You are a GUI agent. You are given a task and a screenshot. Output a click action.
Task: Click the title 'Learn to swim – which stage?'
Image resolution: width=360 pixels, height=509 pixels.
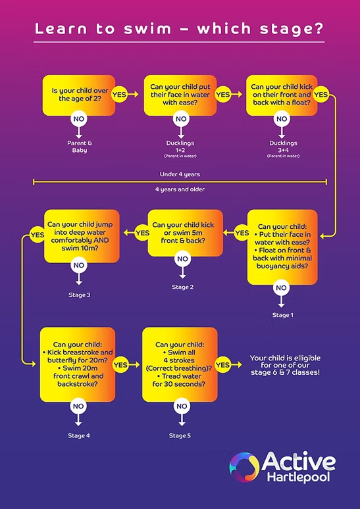tap(179, 29)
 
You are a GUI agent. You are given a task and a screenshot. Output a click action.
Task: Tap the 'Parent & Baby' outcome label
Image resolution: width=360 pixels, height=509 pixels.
tap(78, 146)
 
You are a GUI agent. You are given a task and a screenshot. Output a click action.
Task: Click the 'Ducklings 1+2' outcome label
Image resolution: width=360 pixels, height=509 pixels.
tap(180, 146)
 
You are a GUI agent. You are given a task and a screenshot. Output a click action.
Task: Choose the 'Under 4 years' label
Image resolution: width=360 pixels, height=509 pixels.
tap(180, 174)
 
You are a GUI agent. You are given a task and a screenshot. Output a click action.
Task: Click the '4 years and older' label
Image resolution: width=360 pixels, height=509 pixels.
tap(180, 189)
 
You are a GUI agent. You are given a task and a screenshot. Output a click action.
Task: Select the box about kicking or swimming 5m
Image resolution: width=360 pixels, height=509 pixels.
tap(183, 232)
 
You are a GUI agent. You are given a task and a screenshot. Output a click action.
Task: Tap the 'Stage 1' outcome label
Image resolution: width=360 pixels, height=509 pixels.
tap(282, 315)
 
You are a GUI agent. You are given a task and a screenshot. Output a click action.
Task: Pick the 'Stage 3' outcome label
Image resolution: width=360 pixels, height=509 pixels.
tap(79, 294)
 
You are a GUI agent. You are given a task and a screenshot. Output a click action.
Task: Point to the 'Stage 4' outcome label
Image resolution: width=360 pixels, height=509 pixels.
tap(79, 435)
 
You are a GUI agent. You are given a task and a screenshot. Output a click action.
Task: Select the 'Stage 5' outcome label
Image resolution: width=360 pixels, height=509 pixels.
tap(180, 435)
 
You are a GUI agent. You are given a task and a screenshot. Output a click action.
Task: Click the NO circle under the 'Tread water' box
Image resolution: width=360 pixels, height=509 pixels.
tap(180, 406)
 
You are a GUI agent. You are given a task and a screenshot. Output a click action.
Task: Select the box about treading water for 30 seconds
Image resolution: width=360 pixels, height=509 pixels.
tap(180, 364)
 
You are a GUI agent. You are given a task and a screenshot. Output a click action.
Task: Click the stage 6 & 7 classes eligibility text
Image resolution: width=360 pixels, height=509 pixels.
tap(284, 365)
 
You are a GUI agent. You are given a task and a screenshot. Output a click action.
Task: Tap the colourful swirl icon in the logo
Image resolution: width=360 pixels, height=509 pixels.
tap(244, 467)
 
